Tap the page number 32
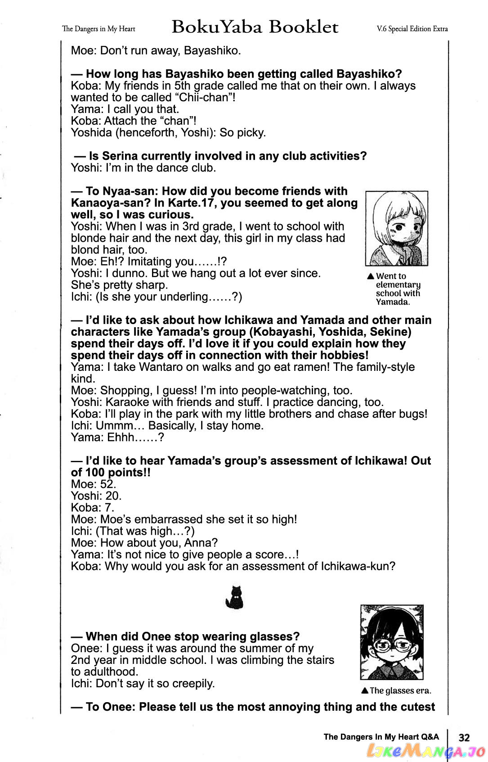pyautogui.click(x=464, y=737)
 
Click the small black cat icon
pyautogui.click(x=234, y=598)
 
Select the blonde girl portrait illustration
pyautogui.click(x=396, y=228)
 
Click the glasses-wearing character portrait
pyautogui.click(x=392, y=642)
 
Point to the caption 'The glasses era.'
pyautogui.click(x=396, y=691)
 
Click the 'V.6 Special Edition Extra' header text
pyautogui.click(x=412, y=29)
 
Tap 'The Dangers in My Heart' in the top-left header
pyautogui.click(x=98, y=29)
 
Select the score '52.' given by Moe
pyautogui.click(x=108, y=484)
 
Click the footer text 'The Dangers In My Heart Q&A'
pyautogui.click(x=381, y=737)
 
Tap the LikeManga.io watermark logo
pyautogui.click(x=425, y=750)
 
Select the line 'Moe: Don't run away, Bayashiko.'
pyautogui.click(x=156, y=50)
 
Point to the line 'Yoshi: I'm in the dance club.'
pyautogui.click(x=143, y=168)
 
